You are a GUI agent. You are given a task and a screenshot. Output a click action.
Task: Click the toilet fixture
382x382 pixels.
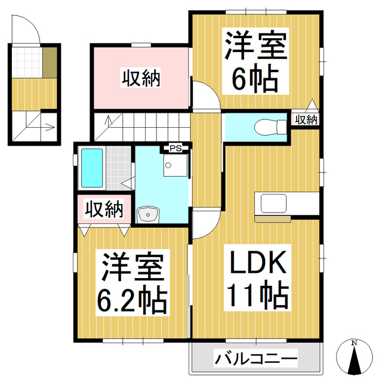tap(263, 126)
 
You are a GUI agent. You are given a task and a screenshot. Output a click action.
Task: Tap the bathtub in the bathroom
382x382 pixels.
tap(93, 168)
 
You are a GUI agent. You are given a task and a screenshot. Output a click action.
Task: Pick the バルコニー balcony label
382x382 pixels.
tap(255, 359)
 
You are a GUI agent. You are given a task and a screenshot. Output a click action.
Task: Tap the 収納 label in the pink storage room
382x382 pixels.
tap(141, 78)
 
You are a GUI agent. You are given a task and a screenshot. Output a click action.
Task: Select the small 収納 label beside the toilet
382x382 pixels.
tap(306, 120)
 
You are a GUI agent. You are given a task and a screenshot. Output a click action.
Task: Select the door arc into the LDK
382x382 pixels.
tap(207, 224)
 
